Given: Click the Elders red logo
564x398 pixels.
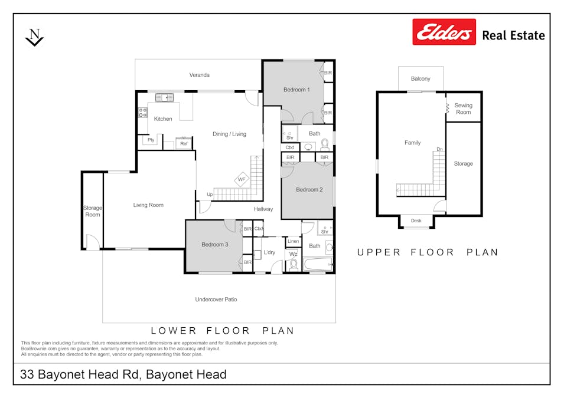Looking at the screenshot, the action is pos(444,32).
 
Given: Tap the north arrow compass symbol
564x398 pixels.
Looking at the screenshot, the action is pos(34,37).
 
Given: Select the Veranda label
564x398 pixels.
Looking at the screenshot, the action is pos(199,75).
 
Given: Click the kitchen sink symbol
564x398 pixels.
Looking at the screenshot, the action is pos(164,97).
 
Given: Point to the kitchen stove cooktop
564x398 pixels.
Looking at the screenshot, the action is pos(142,113).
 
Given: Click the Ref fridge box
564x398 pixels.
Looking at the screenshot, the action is pos(184,143).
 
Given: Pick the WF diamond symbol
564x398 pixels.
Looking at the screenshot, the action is pos(242,179).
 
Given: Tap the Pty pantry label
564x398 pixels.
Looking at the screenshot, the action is pos(151,140).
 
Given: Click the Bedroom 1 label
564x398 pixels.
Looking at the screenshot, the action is pos(296,90).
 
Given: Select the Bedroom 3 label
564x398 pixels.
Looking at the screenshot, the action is pos(215,244).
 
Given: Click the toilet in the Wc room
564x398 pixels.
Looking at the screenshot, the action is pos(294,265).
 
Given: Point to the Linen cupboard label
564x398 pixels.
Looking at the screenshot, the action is pos(293,241).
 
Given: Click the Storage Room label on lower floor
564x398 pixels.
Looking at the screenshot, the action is pos(93,211).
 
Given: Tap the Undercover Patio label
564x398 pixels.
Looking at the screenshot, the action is pos(216,299).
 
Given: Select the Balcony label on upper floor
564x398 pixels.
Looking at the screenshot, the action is pos(420,78).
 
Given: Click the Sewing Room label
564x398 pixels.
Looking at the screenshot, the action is pos(463,108).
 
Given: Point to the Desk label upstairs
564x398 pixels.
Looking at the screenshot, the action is pos(416,221).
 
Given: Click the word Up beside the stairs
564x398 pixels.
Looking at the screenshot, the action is pos(210,195).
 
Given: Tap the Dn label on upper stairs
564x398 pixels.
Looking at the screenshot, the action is pos(439,149).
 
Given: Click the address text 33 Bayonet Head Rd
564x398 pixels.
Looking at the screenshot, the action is pos(80,374).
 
